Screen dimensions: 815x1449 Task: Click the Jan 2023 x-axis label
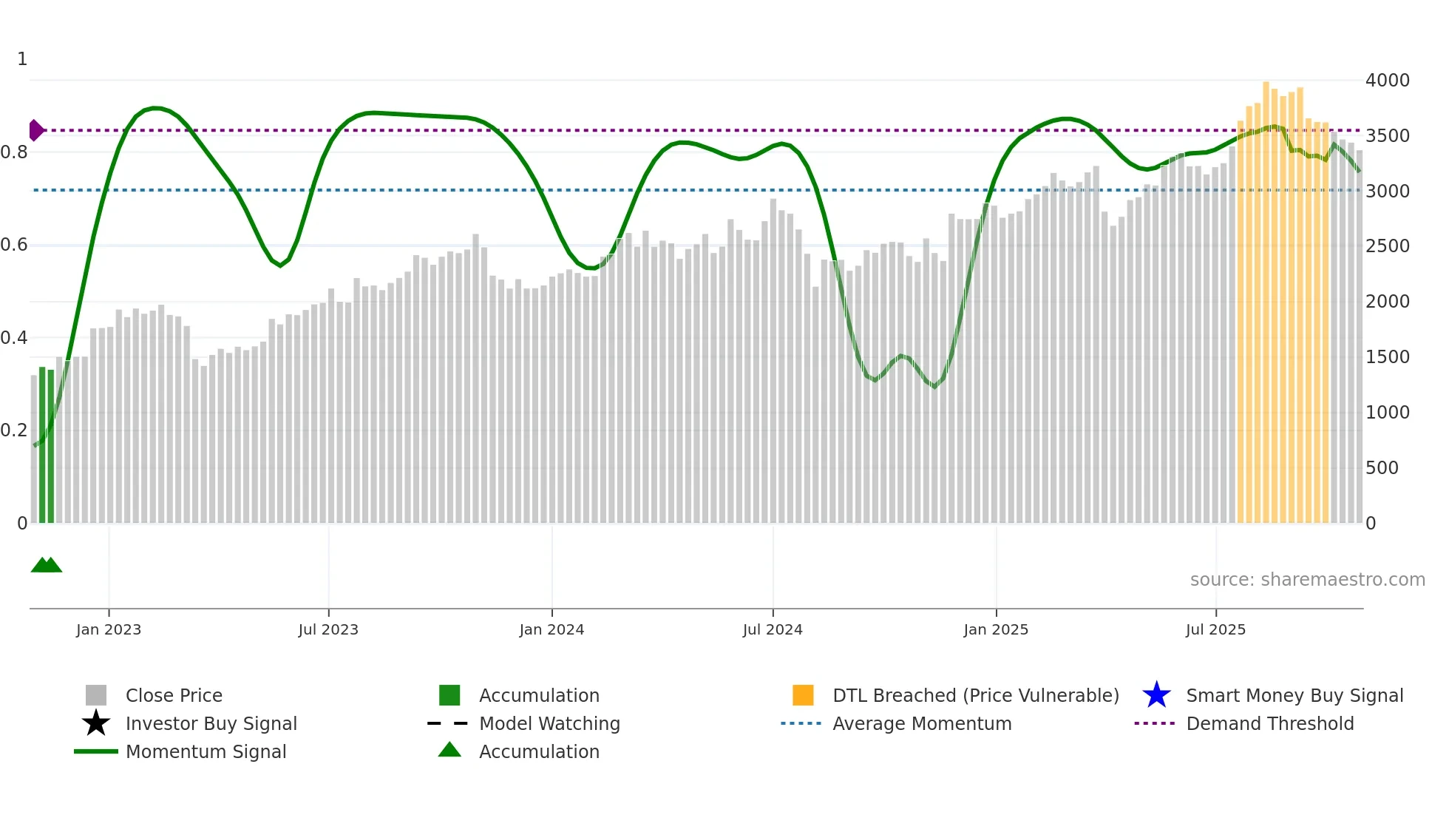[x=108, y=629]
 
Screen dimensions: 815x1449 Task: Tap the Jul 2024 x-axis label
[x=772, y=629]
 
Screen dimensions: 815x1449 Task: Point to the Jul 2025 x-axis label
[x=1215, y=629]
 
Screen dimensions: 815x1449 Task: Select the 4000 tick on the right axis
[x=1387, y=81]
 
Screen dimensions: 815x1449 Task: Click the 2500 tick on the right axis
[x=1387, y=246]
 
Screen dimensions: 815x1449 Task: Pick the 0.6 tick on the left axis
[x=14, y=245]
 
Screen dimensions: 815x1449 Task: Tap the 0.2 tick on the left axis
[x=14, y=430]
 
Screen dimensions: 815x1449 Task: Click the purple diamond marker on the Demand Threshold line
[x=35, y=130]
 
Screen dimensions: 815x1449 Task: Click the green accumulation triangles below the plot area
[x=46, y=565]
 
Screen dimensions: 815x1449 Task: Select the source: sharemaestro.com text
[x=1307, y=580]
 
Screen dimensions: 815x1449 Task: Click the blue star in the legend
[x=1156, y=695]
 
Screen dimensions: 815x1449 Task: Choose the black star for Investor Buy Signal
[x=96, y=723]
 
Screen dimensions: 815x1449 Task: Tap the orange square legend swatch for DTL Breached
[x=803, y=695]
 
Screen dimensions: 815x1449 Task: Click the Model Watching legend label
[x=549, y=723]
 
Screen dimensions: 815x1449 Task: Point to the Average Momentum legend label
[x=922, y=723]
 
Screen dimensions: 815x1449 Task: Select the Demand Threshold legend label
[x=1269, y=723]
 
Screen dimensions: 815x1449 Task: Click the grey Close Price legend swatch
[x=96, y=695]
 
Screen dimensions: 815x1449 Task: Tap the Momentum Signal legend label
[x=206, y=751]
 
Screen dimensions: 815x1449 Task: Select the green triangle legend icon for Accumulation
[x=449, y=750]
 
